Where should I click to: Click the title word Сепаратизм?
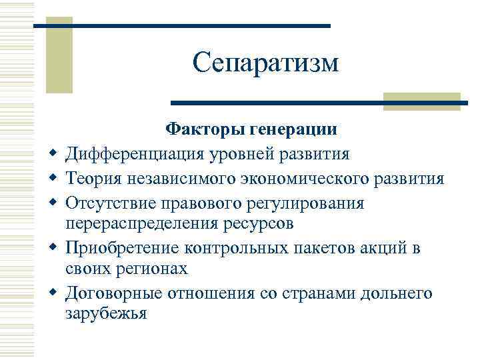(266, 63)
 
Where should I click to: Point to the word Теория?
(97, 178)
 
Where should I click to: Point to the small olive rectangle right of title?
(422, 101)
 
